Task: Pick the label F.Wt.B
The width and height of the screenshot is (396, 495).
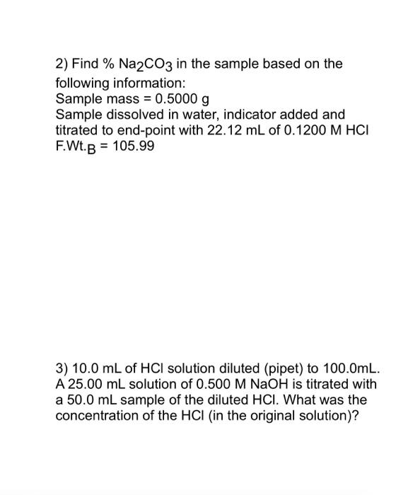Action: (x=77, y=147)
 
